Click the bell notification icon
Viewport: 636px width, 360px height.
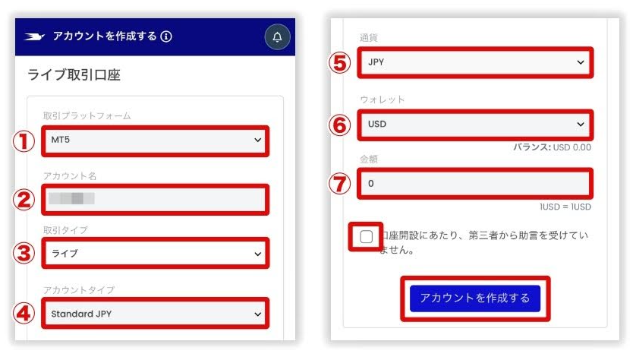coord(277,36)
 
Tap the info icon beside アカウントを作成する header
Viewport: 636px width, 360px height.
coord(166,36)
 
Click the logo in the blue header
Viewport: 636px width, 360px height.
coord(35,36)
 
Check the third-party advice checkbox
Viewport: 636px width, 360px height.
coord(367,236)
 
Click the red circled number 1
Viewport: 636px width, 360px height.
coord(26,141)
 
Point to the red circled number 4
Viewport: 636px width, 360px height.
coord(26,313)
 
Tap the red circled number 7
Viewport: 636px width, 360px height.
coord(342,184)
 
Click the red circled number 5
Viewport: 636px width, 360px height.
coord(342,63)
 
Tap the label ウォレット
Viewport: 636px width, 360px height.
coord(382,99)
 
